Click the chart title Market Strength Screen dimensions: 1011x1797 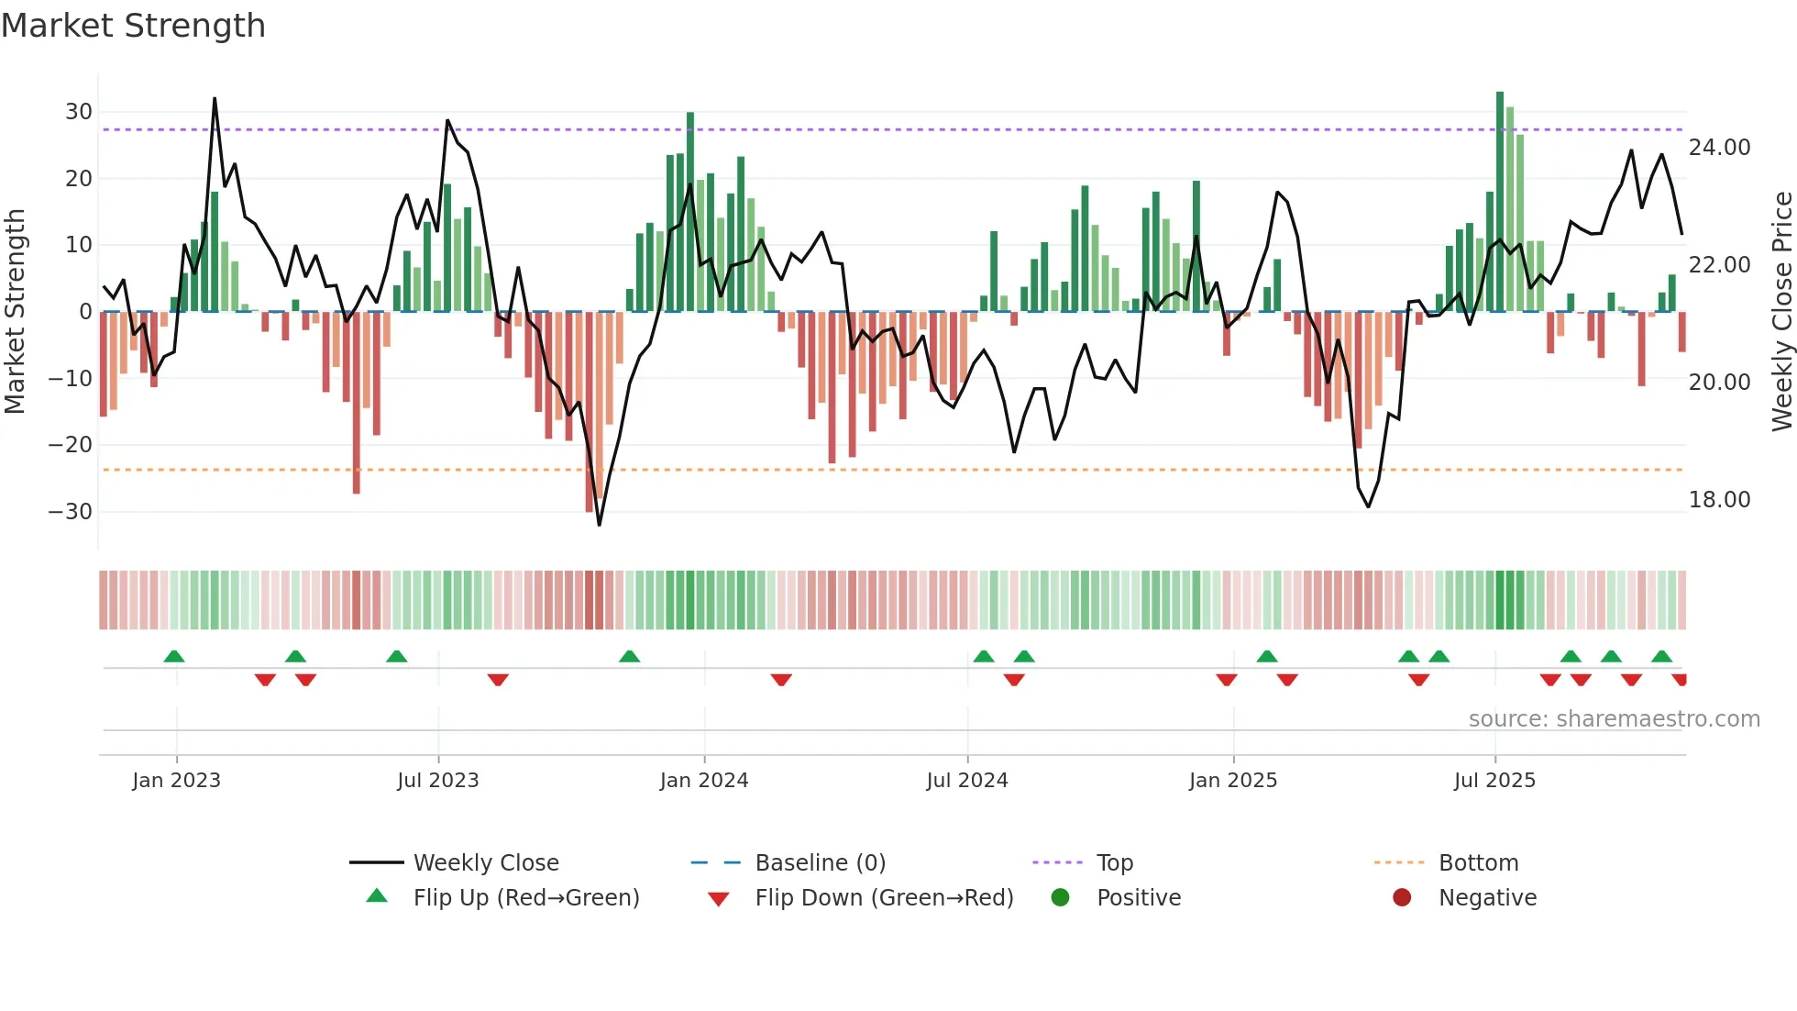coord(133,26)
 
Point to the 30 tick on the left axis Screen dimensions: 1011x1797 coord(79,112)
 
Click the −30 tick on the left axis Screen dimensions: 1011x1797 coord(71,511)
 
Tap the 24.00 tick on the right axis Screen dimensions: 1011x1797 coord(1719,147)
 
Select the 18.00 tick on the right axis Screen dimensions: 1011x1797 coord(1719,499)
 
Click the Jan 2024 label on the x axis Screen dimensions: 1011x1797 coord(703,780)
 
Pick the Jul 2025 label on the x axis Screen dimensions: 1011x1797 coord(1494,780)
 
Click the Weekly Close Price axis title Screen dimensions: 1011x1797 coord(1781,311)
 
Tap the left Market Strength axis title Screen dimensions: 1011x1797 coord(15,311)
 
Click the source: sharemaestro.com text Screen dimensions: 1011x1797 coord(1614,718)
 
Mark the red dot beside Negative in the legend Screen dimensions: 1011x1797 coord(1402,897)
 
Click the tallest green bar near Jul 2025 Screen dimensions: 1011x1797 coord(1500,202)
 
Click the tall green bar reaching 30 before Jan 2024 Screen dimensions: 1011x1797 coord(690,211)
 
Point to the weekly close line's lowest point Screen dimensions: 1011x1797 coord(600,525)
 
